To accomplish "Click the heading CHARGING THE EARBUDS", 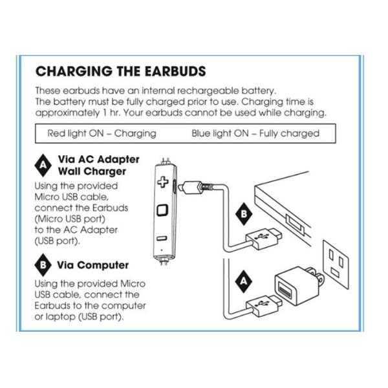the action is pyautogui.click(x=121, y=71).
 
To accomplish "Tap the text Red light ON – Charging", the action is pyautogui.click(x=102, y=134).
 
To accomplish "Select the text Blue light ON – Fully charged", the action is pyautogui.click(x=255, y=134).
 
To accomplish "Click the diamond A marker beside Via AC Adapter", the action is pyautogui.click(x=43, y=166).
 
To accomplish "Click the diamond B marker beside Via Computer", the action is pyautogui.click(x=43, y=265).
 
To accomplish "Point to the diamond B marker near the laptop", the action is pyautogui.click(x=244, y=214).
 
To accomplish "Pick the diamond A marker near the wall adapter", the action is pyautogui.click(x=244, y=281).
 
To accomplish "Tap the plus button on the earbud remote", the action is pyautogui.click(x=163, y=182).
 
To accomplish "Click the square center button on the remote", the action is pyautogui.click(x=162, y=211).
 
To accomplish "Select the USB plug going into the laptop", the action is pyautogui.click(x=264, y=237).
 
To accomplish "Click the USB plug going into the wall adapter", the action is pyautogui.click(x=264, y=305).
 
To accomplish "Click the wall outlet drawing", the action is pyautogui.click(x=336, y=264).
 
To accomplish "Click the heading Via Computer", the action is pyautogui.click(x=92, y=265).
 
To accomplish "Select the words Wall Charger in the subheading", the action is pyautogui.click(x=92, y=171).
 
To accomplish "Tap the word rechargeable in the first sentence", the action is pyautogui.click(x=208, y=91).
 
